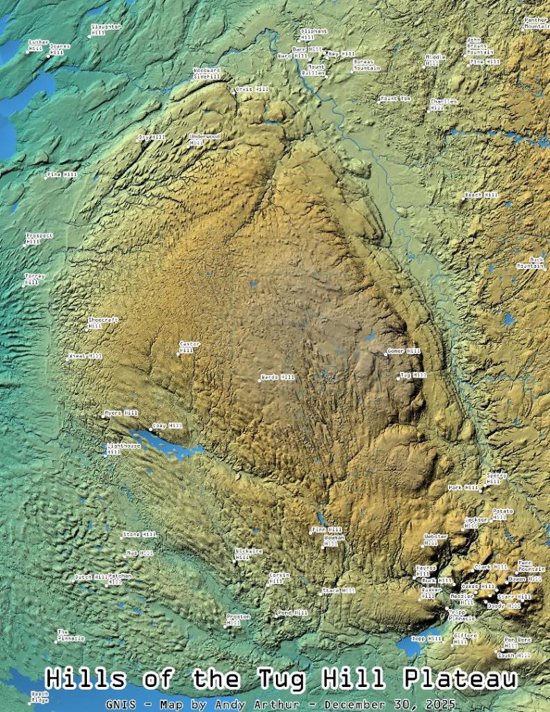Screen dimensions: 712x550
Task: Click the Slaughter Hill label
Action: (x=106, y=29)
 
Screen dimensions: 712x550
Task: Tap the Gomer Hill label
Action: (x=404, y=352)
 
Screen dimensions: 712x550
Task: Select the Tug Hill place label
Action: (x=413, y=375)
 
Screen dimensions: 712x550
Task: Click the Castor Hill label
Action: (x=189, y=346)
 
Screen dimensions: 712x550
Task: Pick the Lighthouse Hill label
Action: (x=124, y=448)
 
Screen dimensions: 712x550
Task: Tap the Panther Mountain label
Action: (x=536, y=23)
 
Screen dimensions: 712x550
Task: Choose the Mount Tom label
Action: (x=396, y=99)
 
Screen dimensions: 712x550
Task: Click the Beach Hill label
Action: (x=482, y=195)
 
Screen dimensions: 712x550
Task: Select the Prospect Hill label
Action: (x=39, y=238)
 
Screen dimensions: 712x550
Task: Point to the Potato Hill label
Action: (x=503, y=514)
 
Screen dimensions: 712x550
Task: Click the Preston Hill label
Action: (x=238, y=619)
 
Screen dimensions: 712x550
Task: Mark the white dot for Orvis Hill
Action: (x=234, y=92)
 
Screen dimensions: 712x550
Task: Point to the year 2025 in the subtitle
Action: (x=423, y=703)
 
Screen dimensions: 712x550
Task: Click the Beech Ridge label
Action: (x=40, y=697)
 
